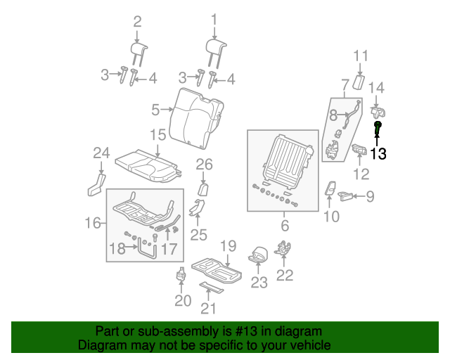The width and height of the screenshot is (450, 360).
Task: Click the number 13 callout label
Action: coord(378,153)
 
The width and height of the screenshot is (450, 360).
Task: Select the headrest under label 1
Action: coord(216,49)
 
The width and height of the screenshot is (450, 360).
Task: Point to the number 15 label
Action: coord(157,134)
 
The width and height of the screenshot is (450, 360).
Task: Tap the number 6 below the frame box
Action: coord(285,225)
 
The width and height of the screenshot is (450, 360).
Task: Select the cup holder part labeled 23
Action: coord(258,255)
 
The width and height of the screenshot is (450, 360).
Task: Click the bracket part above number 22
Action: coord(285,250)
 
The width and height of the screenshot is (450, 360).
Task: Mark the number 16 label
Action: coord(93,224)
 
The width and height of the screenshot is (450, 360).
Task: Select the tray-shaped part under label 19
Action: coord(218,269)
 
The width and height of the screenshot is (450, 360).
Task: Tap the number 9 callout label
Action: coord(370,197)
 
